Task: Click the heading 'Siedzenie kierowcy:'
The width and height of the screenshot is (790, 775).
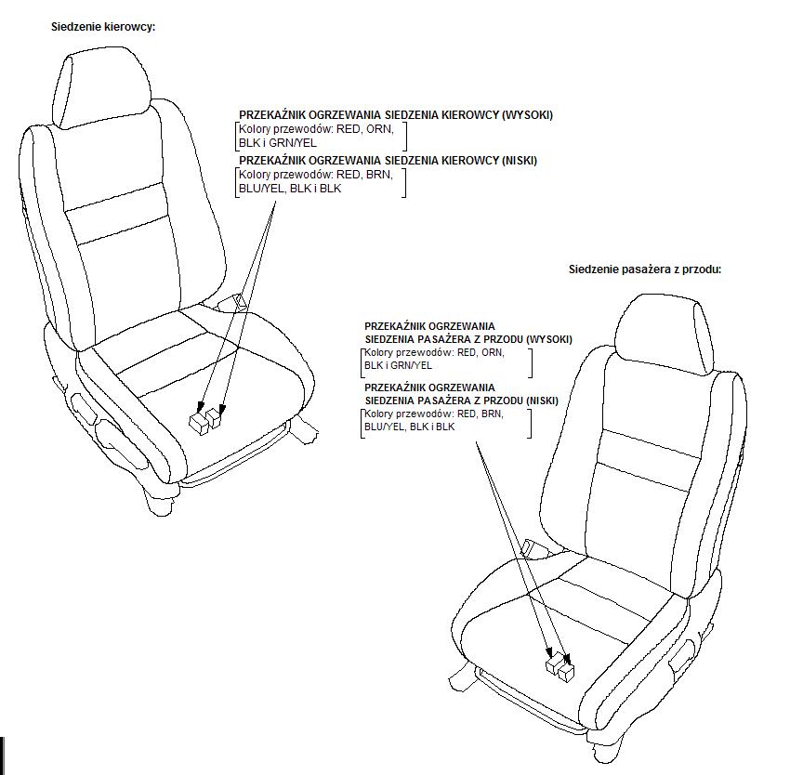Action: pyautogui.click(x=103, y=27)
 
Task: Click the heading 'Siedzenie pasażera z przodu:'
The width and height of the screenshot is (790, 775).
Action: pyautogui.click(x=645, y=269)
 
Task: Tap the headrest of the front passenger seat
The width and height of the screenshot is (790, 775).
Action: pyautogui.click(x=665, y=334)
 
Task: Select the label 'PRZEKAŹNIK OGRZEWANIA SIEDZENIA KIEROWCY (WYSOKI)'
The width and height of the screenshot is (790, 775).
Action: pyautogui.click(x=396, y=115)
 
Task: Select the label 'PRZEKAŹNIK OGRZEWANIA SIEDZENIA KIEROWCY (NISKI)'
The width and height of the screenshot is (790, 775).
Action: pyautogui.click(x=388, y=161)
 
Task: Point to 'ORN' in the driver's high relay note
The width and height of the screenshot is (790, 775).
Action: pyautogui.click(x=378, y=129)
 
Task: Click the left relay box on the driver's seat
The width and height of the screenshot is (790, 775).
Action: pyautogui.click(x=199, y=424)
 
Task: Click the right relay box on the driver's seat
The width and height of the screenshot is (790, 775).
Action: pyautogui.click(x=217, y=418)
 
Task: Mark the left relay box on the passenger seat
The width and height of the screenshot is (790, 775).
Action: pyautogui.click(x=555, y=663)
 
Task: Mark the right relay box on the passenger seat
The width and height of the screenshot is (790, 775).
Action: pyautogui.click(x=566, y=672)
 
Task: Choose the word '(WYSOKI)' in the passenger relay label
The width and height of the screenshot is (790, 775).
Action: pyautogui.click(x=548, y=339)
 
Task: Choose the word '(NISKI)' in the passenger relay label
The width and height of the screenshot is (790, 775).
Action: pyautogui.click(x=542, y=401)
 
